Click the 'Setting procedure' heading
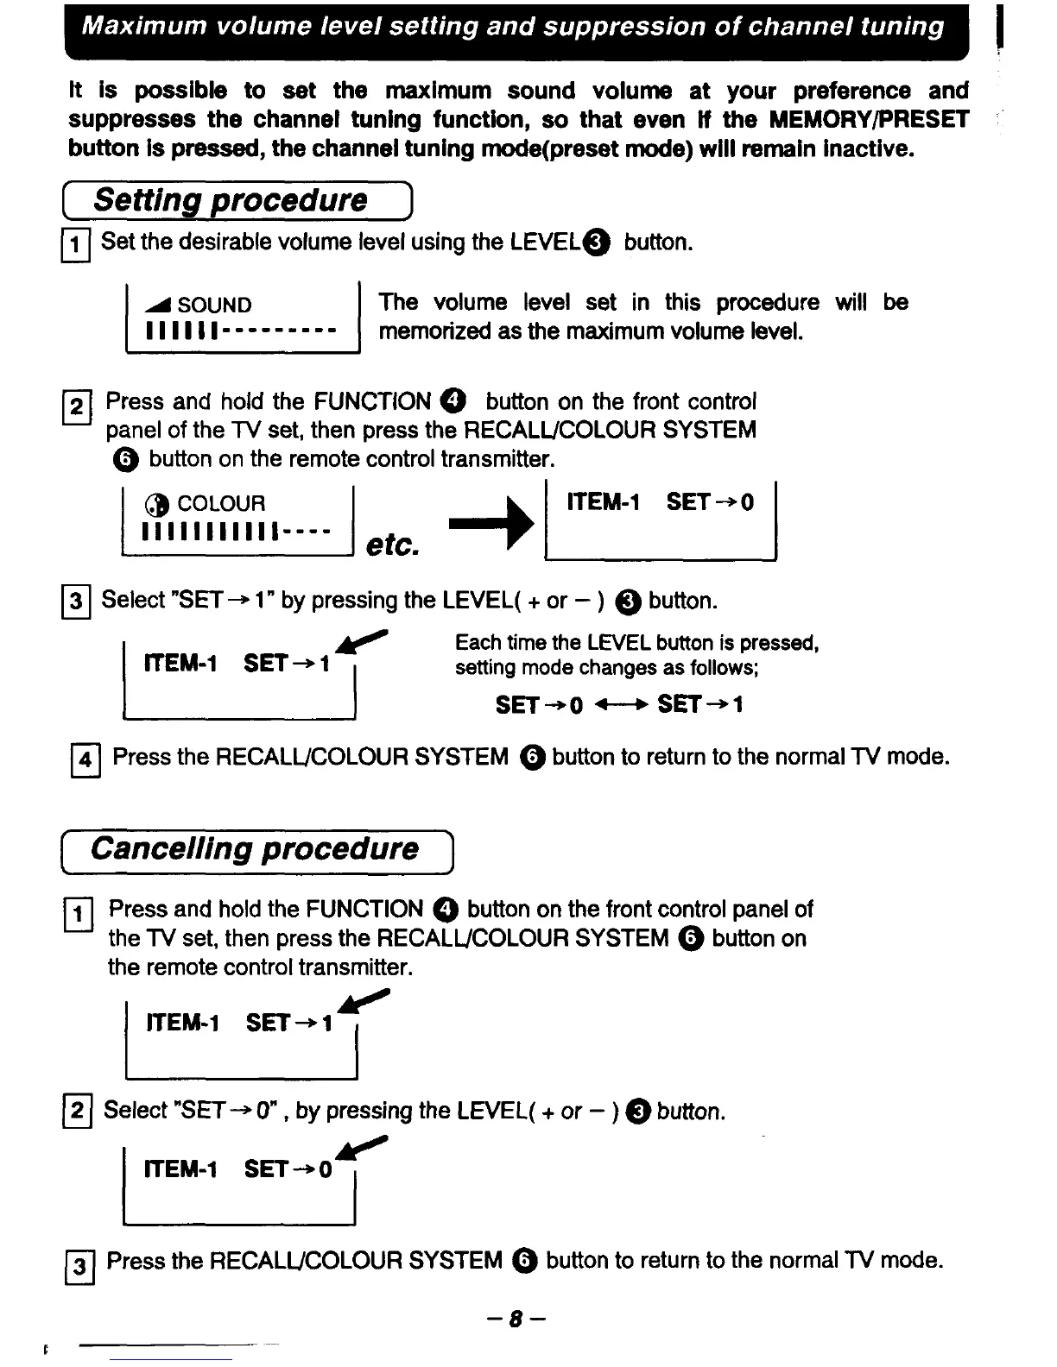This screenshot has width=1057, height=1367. pos(231,200)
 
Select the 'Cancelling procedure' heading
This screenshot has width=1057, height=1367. pos(255,848)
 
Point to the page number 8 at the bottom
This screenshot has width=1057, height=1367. pos(516,1319)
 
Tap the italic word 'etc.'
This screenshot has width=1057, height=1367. pos(393,545)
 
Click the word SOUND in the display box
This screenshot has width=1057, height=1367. pos(214,305)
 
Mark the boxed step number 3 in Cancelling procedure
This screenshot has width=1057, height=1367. pos(79,1264)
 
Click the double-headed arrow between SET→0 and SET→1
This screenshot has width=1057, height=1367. pos(619,705)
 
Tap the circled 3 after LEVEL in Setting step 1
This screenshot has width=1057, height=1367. pos(598,243)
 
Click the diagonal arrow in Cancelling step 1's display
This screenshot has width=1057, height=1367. pos(365,1004)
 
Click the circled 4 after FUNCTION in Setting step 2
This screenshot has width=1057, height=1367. pos(454,401)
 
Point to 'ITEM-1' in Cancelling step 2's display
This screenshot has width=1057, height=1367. pos(181,1169)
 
